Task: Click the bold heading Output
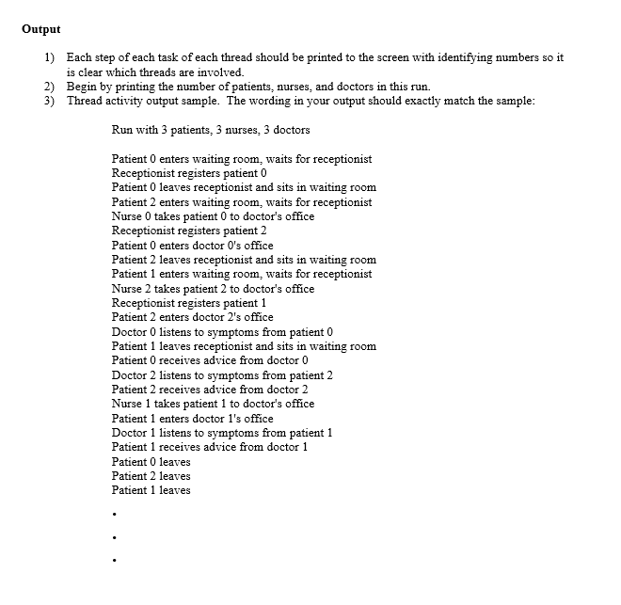(41, 28)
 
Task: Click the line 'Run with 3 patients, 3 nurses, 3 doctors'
(211, 130)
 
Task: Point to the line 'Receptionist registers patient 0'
(190, 173)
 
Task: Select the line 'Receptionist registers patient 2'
(190, 231)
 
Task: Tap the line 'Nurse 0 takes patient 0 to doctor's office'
(213, 216)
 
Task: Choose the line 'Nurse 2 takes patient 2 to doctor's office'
(213, 289)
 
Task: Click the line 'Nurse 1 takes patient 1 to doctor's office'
(213, 404)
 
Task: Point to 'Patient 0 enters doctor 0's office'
(193, 246)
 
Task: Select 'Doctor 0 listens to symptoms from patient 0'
(222, 332)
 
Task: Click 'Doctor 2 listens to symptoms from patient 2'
(222, 375)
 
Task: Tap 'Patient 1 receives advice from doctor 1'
(210, 447)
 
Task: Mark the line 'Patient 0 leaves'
(151, 462)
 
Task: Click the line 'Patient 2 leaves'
(151, 476)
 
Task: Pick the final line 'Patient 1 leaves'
(151, 490)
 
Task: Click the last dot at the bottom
(113, 561)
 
